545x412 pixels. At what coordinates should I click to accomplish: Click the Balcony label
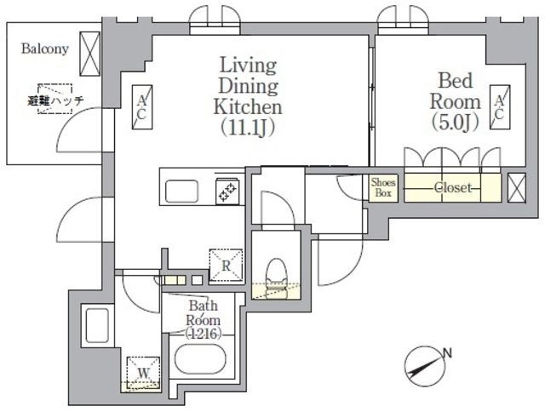(x=44, y=49)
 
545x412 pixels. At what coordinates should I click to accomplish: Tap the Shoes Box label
(x=381, y=186)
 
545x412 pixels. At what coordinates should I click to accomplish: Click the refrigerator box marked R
(x=227, y=264)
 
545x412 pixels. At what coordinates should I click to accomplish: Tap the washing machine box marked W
(x=142, y=373)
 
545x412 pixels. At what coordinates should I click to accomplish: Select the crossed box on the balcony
(x=90, y=54)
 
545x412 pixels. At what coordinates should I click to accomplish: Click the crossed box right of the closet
(x=516, y=187)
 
